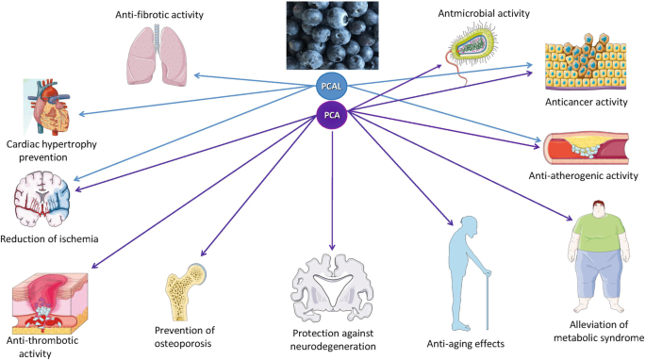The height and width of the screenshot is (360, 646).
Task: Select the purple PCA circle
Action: tap(330, 116)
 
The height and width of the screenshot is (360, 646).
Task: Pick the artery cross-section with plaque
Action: tap(583, 148)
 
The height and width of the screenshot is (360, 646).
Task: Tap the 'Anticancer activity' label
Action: tap(592, 103)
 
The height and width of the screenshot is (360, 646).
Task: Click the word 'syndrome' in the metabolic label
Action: tap(612, 336)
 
